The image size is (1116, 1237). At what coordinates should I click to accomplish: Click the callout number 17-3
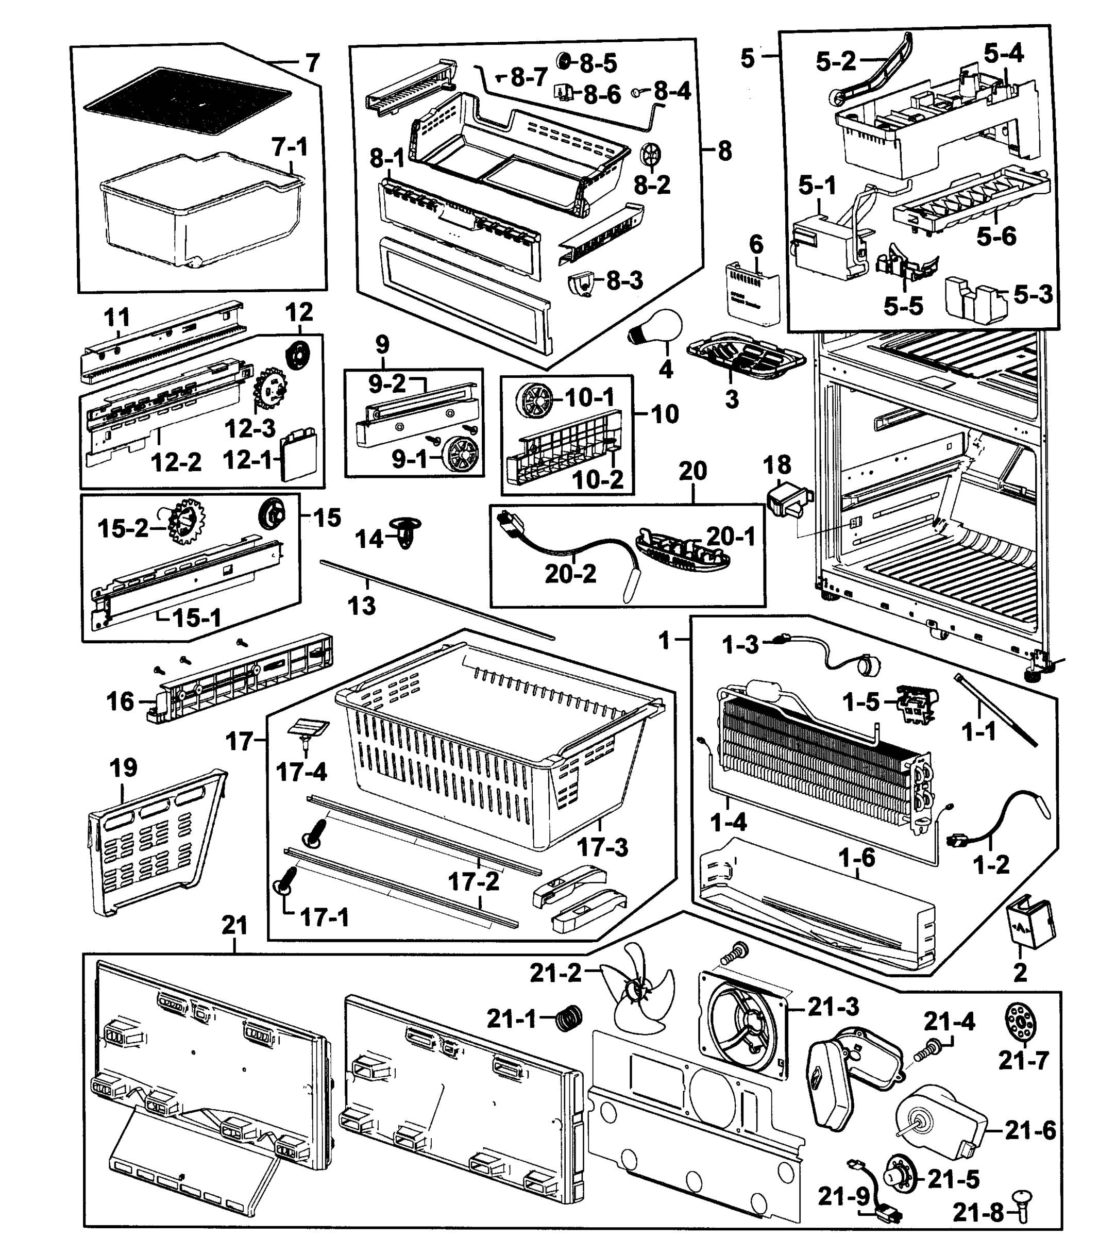603,847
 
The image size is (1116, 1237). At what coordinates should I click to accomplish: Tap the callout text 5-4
1004,54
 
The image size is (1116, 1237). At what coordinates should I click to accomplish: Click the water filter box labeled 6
753,291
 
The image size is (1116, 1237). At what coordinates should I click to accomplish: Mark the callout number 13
361,605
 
